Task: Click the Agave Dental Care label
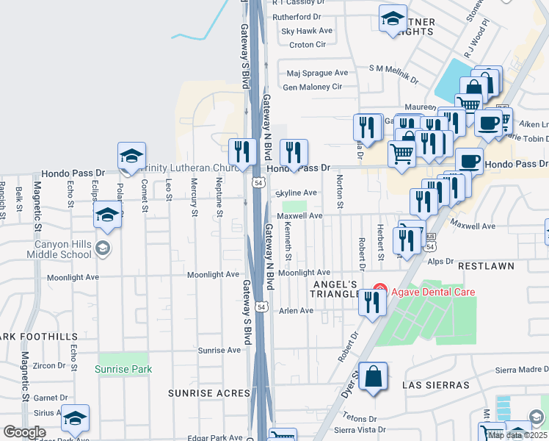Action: point(432,292)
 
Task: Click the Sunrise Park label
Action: point(123,369)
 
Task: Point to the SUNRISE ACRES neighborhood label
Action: point(209,393)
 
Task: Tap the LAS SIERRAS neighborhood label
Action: point(436,385)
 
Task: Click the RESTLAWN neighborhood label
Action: point(487,265)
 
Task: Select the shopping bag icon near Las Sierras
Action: point(374,376)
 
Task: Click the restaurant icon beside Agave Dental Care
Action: point(373,301)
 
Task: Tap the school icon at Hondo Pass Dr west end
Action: point(131,156)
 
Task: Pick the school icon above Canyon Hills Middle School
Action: point(107,215)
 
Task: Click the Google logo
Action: point(24,432)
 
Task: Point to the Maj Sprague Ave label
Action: point(317,73)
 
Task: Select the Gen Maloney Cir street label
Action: point(313,87)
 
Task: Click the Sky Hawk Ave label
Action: point(307,31)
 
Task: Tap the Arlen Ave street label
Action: point(296,311)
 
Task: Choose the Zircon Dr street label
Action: point(49,365)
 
